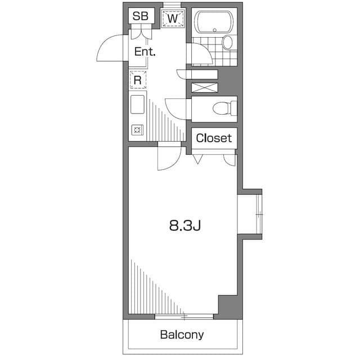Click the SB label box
coord(140,16)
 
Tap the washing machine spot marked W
coord(173,19)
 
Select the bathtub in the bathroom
coord(213,22)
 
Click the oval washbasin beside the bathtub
coord(227,42)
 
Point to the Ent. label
coord(145,52)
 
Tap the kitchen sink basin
coord(138,105)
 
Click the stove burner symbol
coord(137,130)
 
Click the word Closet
coord(214,138)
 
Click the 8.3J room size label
coord(185,226)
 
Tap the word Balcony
coord(182,335)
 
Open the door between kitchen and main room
coord(168,157)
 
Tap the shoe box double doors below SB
coord(141,33)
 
